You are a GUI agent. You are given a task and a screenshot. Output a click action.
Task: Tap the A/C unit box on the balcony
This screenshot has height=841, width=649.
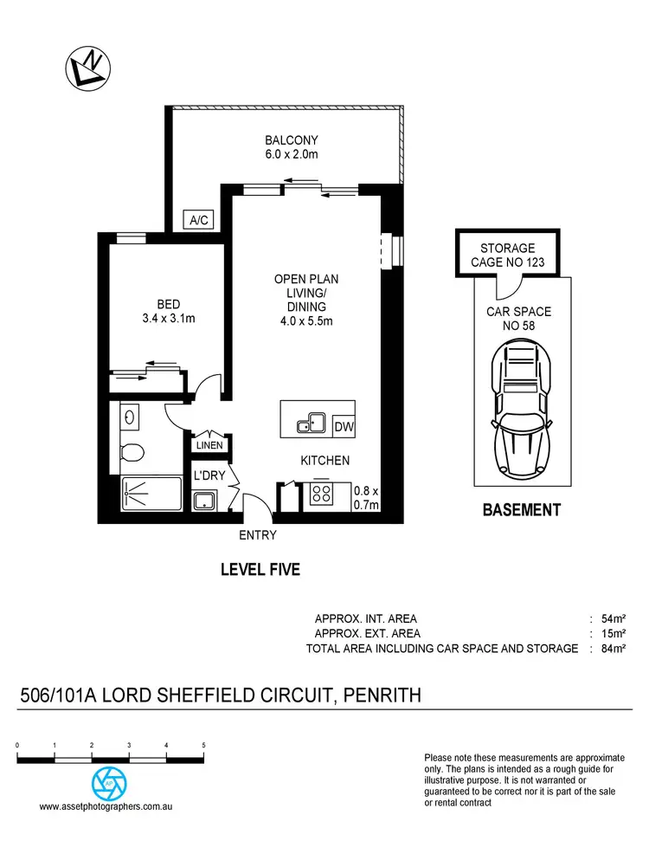199,221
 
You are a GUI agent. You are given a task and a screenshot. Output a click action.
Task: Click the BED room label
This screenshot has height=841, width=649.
168,304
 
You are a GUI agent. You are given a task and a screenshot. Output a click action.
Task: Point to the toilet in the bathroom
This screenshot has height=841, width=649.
132,451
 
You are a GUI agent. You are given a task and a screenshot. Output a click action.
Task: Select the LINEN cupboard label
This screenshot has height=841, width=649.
209,446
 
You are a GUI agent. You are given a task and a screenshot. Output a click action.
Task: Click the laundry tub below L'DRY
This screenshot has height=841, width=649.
205,501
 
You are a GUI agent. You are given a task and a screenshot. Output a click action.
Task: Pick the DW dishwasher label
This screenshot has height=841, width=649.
344,426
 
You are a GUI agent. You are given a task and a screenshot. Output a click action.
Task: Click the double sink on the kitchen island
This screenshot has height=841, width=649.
310,424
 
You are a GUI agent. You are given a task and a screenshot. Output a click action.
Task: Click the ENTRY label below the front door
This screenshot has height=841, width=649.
258,535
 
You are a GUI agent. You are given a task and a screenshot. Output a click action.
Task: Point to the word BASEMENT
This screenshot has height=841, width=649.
521,510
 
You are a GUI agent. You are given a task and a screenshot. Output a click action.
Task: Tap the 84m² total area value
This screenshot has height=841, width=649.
613,649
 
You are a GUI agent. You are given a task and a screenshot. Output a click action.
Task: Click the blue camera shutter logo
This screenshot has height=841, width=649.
109,783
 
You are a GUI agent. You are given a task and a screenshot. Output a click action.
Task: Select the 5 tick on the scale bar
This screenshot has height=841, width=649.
203,746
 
